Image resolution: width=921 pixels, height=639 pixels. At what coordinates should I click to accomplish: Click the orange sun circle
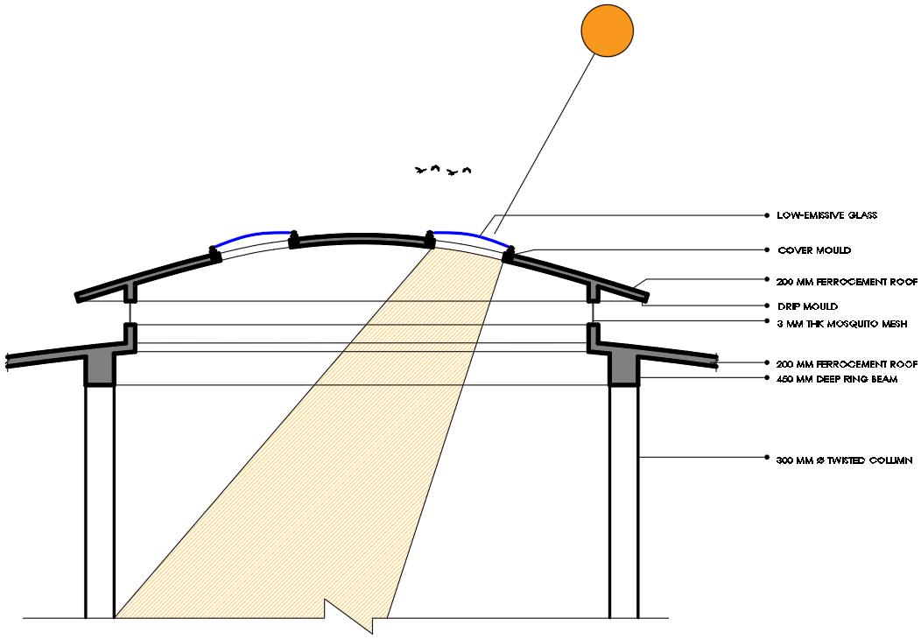point(607,31)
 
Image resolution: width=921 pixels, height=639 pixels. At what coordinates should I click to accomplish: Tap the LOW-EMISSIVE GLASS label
point(826,214)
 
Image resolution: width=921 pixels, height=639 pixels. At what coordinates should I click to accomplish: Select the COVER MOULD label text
point(813,250)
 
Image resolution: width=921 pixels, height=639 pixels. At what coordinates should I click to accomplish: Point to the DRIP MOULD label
point(807,306)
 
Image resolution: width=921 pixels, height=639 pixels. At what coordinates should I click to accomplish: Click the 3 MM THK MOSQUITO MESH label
point(841,324)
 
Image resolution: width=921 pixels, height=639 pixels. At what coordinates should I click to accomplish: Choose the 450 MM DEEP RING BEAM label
point(837,378)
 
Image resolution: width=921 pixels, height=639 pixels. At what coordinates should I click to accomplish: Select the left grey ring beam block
point(100,371)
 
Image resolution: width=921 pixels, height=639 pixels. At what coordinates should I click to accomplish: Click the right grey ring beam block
point(624,371)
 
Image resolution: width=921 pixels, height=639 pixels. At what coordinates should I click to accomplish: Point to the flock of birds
point(443,170)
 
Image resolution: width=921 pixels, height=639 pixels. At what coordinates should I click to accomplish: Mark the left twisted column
point(100,499)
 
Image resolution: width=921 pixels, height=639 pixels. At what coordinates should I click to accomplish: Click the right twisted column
point(624,499)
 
